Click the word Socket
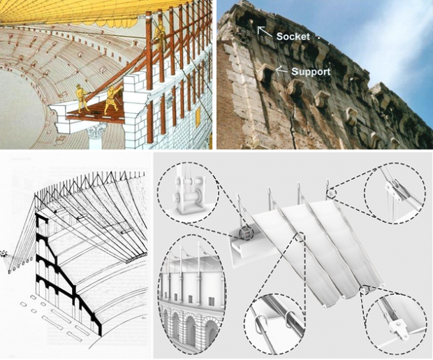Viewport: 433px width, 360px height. tap(293, 36)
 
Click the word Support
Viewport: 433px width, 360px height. tap(311, 71)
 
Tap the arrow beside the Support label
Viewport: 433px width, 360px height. tap(281, 71)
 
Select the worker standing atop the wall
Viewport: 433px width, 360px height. tap(160, 34)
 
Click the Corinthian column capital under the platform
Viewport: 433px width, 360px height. tap(96, 130)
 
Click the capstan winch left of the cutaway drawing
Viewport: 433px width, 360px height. tap(3, 254)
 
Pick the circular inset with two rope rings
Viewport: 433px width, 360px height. tap(274, 324)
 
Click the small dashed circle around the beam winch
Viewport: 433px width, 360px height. tap(246, 233)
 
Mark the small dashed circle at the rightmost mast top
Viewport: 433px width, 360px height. tap(330, 194)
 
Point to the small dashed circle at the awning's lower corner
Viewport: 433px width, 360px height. tap(364, 289)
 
